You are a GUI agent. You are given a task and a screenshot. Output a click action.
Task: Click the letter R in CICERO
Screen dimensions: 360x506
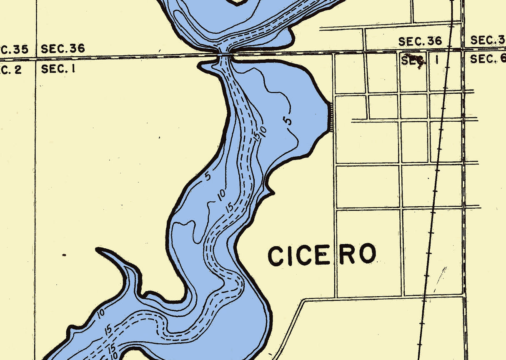coord(347,255)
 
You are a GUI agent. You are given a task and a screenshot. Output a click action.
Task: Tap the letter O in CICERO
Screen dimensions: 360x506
coord(368,254)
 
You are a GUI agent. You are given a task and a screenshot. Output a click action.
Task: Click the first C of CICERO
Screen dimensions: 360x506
coord(276,256)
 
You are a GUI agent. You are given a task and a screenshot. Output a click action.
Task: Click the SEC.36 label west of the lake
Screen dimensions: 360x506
coord(63,49)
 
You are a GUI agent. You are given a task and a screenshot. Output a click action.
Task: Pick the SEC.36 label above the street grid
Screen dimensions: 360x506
coord(420,41)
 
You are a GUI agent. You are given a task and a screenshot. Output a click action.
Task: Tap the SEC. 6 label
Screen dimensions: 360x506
coord(488,59)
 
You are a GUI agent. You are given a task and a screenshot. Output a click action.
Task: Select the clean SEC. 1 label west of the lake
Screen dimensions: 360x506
coord(58,69)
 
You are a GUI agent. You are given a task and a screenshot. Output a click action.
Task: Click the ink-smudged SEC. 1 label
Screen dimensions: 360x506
coord(420,60)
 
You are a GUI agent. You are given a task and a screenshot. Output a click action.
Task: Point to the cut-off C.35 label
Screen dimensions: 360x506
coord(14,50)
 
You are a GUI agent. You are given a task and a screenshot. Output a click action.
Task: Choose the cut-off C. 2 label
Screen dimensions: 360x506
coord(10,70)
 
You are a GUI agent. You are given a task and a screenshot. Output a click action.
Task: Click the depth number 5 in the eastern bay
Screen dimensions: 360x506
coord(288,120)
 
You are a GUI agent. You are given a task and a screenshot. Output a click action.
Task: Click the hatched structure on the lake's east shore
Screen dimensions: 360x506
coord(331,118)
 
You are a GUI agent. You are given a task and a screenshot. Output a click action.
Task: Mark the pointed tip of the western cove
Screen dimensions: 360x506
coord(99,250)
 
